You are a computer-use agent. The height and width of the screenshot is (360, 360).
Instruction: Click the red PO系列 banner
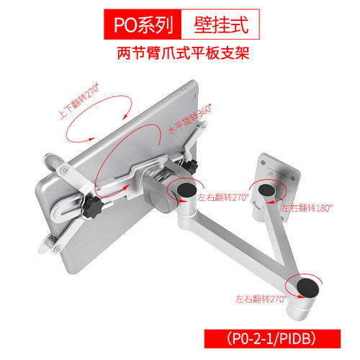click(143, 24)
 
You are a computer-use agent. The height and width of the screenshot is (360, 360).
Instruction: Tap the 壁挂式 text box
click(220, 24)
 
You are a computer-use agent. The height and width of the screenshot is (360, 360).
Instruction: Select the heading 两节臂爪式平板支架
click(183, 53)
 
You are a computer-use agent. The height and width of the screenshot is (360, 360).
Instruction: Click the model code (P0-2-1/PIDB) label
click(272, 338)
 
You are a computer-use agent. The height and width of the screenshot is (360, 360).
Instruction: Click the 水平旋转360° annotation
click(190, 119)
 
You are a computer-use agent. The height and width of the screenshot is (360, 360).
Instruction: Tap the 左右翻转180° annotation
click(307, 208)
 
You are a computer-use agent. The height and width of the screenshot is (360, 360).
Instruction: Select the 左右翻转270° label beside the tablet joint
click(223, 197)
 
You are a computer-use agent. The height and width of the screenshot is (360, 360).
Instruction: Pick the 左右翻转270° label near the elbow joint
click(261, 299)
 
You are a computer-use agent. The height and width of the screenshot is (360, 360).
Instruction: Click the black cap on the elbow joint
click(307, 288)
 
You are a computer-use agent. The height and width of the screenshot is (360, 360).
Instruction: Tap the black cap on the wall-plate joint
click(267, 191)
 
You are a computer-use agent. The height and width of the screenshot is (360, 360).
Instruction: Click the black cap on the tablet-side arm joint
click(186, 190)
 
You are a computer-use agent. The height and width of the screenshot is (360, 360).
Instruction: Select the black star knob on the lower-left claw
click(94, 207)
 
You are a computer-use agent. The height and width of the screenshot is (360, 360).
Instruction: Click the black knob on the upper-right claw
click(190, 166)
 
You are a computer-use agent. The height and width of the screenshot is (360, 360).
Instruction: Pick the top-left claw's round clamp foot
click(52, 161)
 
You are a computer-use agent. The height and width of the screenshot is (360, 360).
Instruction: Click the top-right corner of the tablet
click(197, 81)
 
